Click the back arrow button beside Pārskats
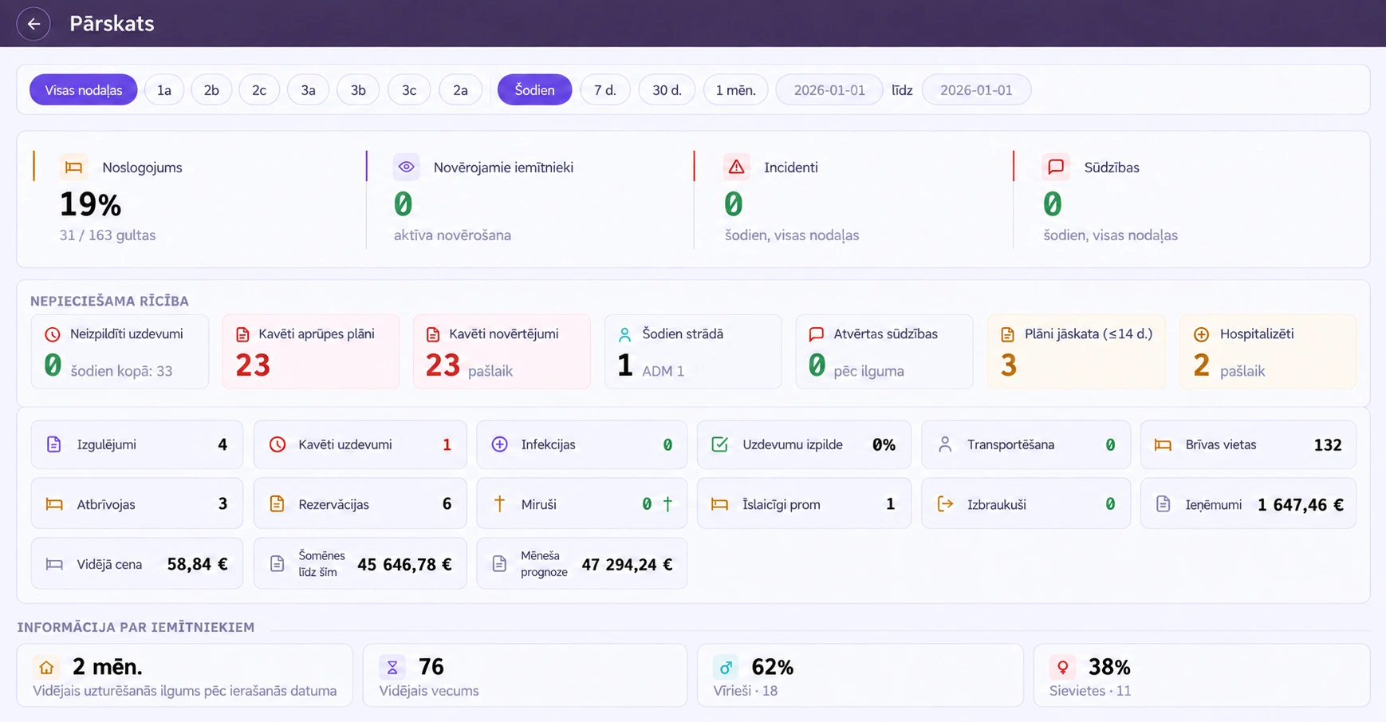click(x=33, y=24)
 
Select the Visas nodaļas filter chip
click(x=84, y=90)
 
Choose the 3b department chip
click(x=358, y=90)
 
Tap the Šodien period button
click(x=534, y=90)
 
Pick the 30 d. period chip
click(x=667, y=90)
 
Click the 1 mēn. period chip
click(x=735, y=90)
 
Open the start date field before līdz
click(x=829, y=90)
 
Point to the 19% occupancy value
click(x=90, y=205)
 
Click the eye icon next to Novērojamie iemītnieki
click(x=407, y=167)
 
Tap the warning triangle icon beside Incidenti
click(x=736, y=167)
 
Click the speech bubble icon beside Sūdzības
click(x=1056, y=167)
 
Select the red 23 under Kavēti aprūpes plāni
click(x=253, y=365)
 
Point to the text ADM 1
click(x=663, y=371)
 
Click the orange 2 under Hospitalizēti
click(x=1202, y=365)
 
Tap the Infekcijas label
click(x=548, y=444)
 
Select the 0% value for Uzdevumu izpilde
click(x=884, y=444)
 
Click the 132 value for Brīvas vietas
click(x=1328, y=444)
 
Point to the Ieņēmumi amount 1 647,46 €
click(x=1301, y=504)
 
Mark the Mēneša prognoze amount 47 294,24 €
click(x=627, y=564)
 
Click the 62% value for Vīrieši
click(x=772, y=667)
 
